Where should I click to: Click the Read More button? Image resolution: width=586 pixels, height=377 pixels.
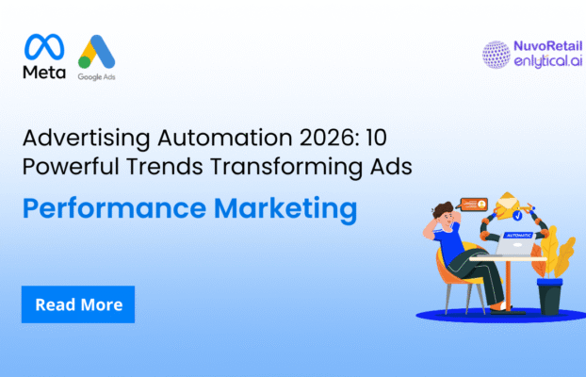pyautogui.click(x=78, y=305)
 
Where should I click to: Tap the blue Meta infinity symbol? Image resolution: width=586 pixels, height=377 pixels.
pyautogui.click(x=43, y=47)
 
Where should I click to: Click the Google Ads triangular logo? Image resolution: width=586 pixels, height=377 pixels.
pyautogui.click(x=96, y=53)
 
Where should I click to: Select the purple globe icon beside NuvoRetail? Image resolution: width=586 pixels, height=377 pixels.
pyautogui.click(x=496, y=55)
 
